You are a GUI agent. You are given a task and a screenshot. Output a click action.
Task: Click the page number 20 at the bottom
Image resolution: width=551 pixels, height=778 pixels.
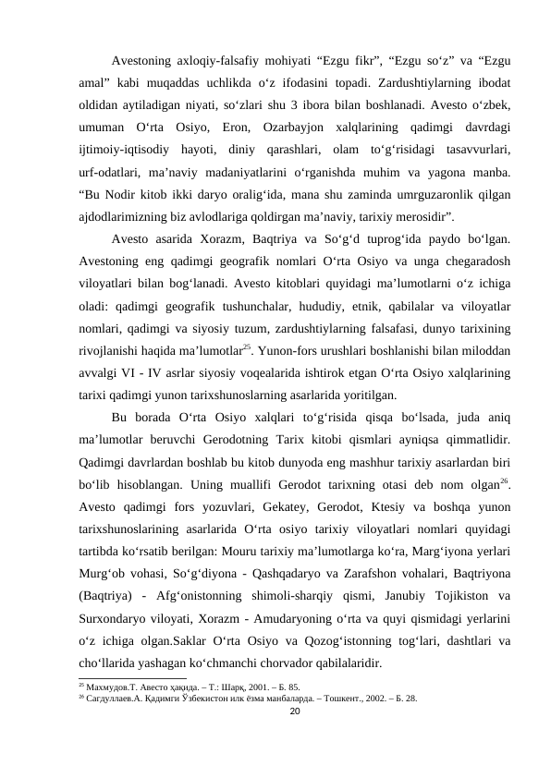(x=295, y=711)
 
